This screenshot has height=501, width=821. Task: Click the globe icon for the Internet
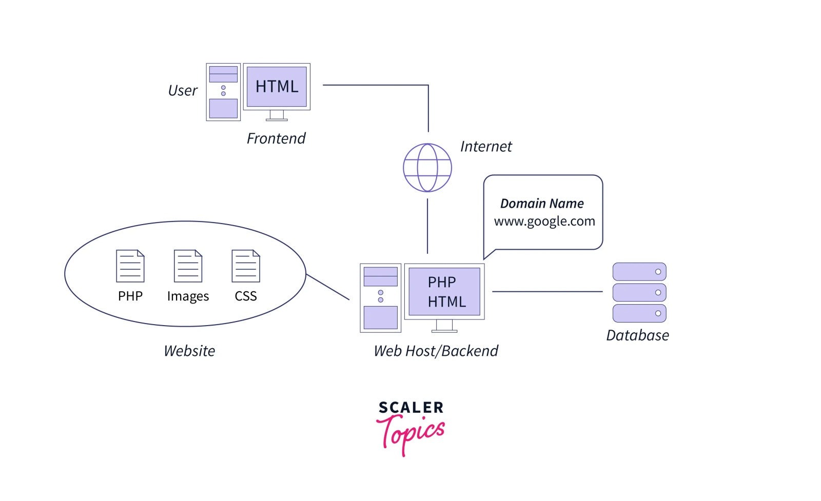point(427,168)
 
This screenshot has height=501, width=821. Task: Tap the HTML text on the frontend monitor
point(277,87)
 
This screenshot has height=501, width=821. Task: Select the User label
point(183,91)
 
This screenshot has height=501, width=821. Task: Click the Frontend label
point(276,138)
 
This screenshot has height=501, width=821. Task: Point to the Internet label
point(486,147)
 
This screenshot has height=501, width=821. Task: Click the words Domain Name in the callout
point(542,204)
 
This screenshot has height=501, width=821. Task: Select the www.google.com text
point(544,222)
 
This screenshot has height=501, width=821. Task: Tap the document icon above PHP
point(130,266)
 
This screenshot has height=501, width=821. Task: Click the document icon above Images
point(188,266)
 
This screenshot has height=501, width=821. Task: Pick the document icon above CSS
point(246,266)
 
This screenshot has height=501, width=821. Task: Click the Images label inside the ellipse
point(188,296)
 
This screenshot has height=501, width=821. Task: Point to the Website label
point(189,351)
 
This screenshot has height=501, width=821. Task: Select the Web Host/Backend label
point(436,351)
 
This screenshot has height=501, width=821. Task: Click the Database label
point(637,335)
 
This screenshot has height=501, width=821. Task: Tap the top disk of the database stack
point(639,272)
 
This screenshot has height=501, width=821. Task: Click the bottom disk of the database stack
point(639,313)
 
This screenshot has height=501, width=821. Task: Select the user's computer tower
point(223,92)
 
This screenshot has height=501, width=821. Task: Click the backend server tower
point(380,298)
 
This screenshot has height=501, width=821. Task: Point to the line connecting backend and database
point(547,292)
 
